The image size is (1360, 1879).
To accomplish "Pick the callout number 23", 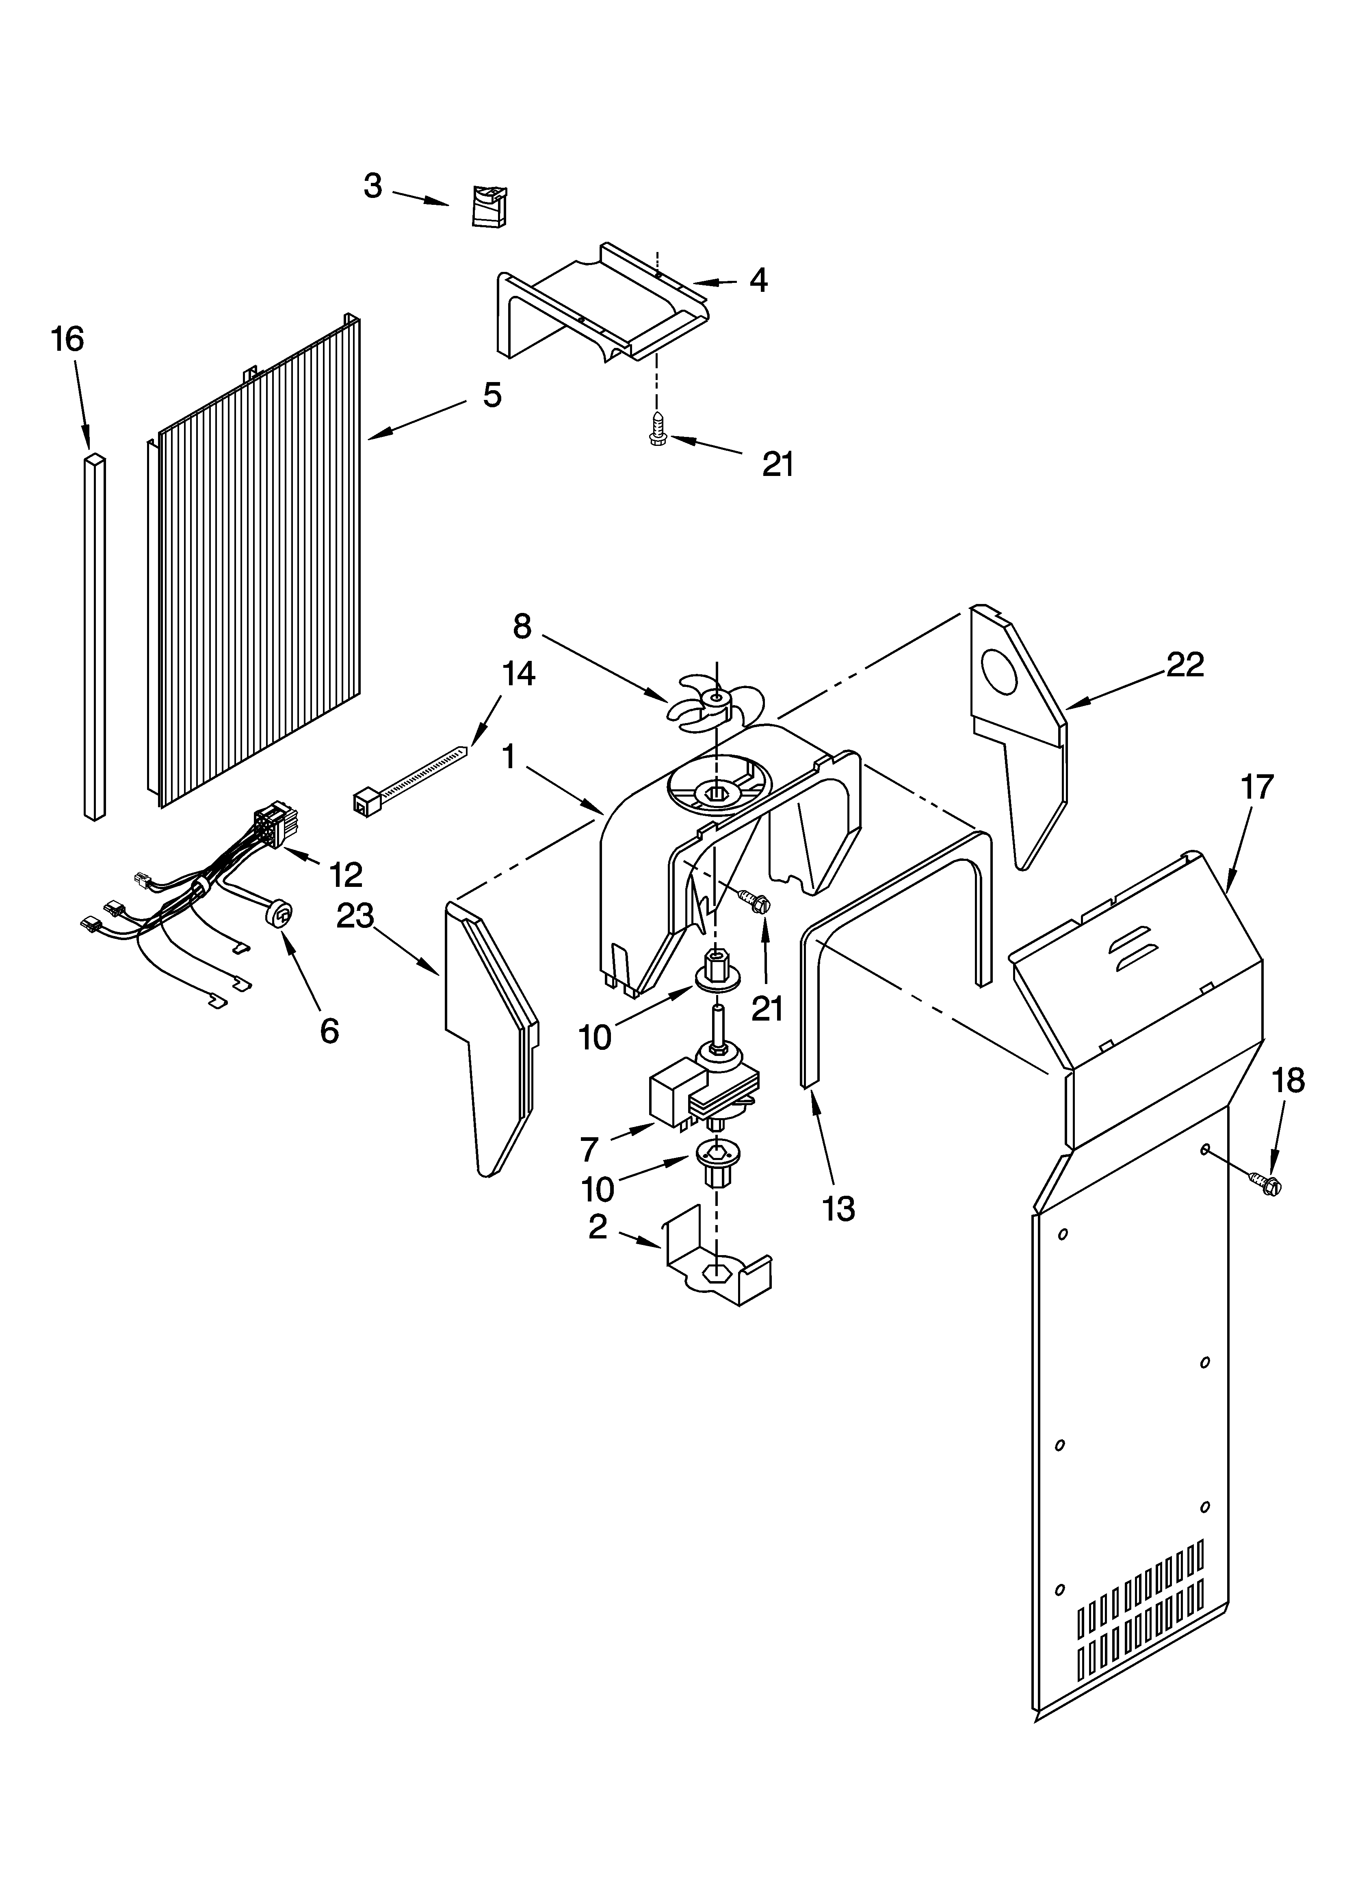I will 355,916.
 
